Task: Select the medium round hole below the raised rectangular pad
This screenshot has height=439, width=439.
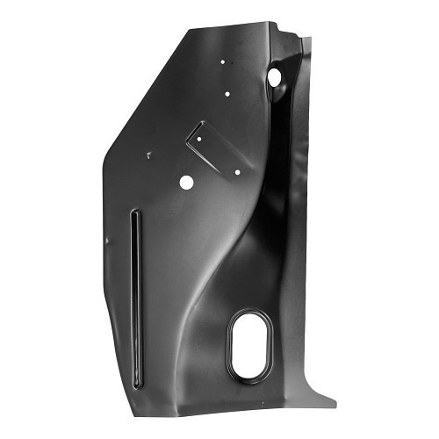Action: (x=186, y=183)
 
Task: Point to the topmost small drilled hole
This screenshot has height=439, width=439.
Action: (x=223, y=61)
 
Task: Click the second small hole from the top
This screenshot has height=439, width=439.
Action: (x=227, y=93)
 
